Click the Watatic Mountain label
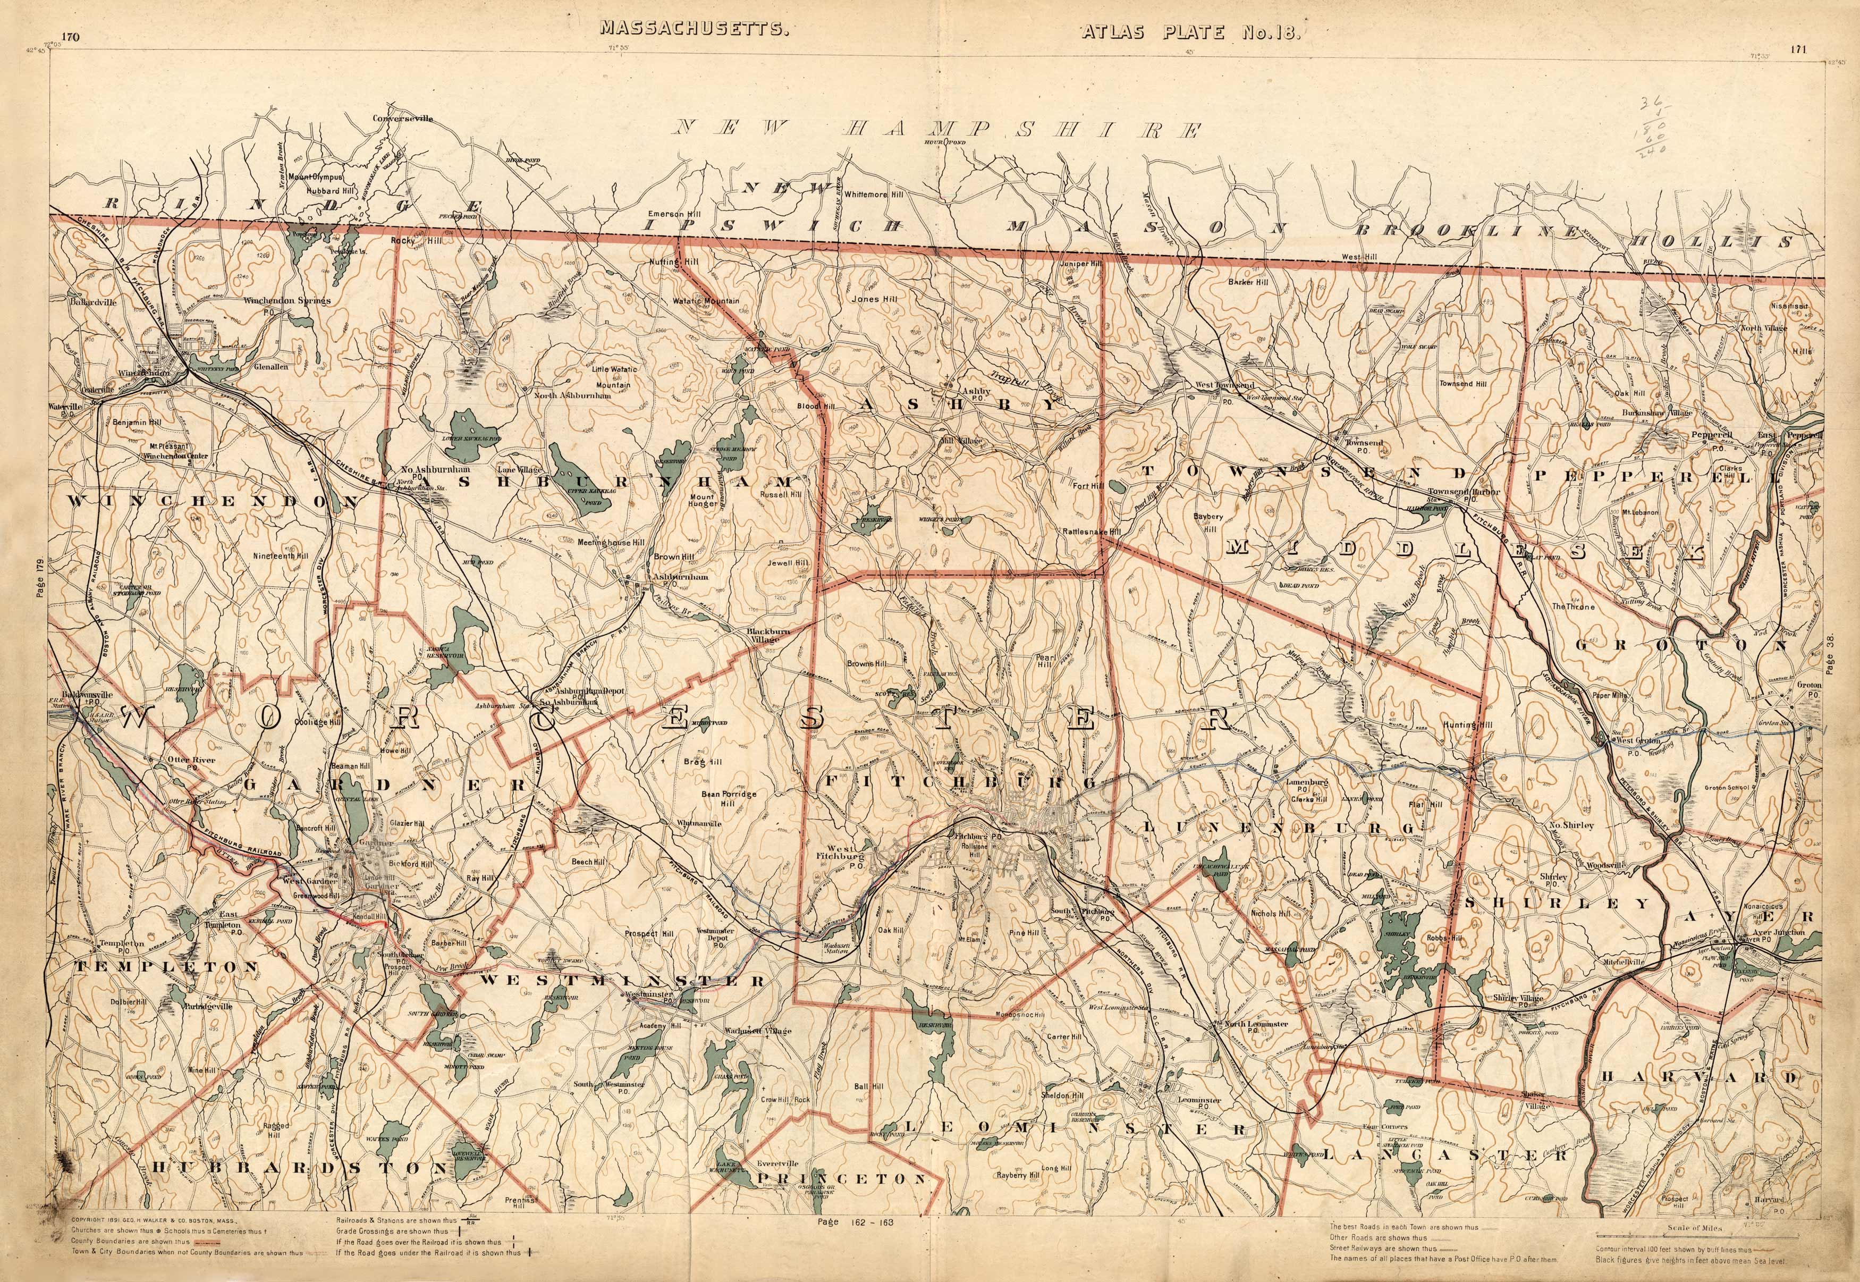[706, 301]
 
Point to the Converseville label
[402, 118]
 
